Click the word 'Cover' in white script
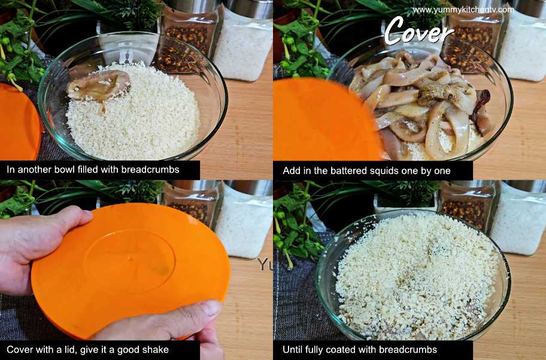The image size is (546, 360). (418, 31)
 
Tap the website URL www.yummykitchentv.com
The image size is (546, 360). (463, 10)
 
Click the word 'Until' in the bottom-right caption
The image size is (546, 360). (292, 350)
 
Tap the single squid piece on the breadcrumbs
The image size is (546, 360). (99, 86)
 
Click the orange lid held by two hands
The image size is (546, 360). (131, 270)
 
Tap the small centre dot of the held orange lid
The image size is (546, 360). (129, 259)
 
